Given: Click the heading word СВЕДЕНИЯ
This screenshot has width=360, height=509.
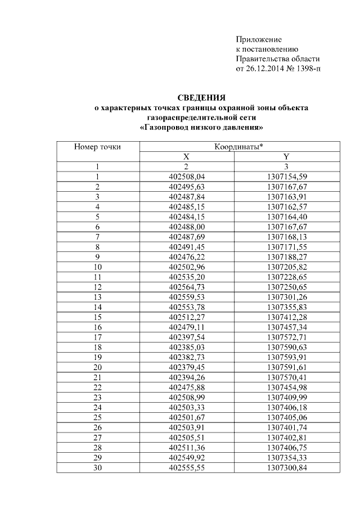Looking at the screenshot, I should coord(201,97).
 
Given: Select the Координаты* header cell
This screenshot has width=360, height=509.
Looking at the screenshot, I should coord(239,147).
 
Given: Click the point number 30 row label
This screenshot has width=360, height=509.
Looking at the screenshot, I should coord(97,467).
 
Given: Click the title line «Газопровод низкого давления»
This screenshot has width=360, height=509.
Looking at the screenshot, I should coord(201,128).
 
